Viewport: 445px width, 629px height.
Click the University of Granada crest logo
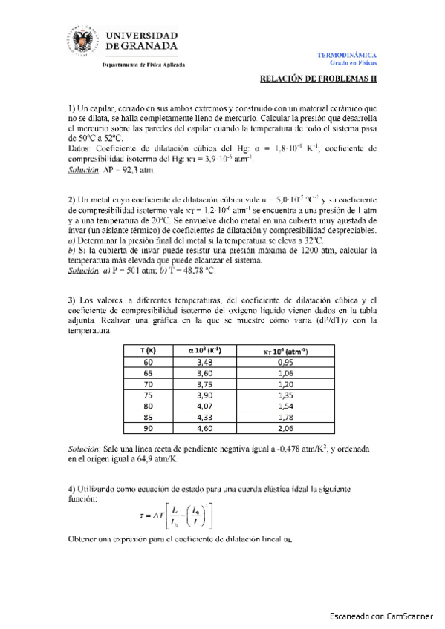(x=81, y=42)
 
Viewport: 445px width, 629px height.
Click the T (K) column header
(x=148, y=349)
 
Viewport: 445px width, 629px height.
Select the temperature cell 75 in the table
(x=148, y=395)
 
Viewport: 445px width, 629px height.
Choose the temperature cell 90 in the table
(x=148, y=428)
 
